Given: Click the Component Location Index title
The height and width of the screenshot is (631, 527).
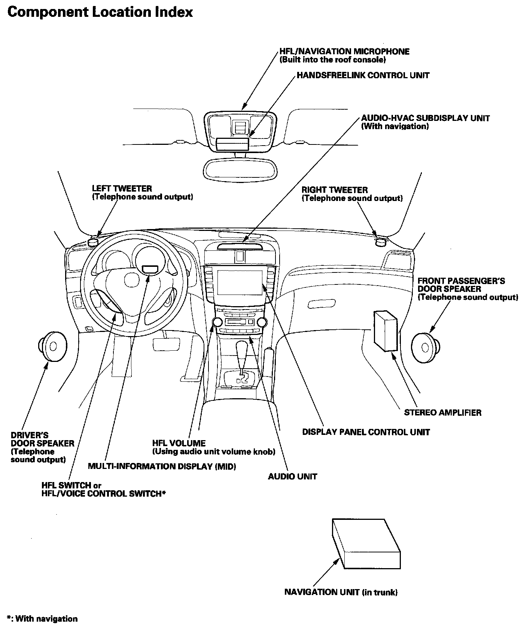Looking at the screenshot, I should pos(100,12).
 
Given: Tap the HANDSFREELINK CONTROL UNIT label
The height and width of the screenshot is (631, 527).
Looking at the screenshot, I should pos(363,75).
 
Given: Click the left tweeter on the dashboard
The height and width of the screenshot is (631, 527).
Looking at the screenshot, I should pos(92,242).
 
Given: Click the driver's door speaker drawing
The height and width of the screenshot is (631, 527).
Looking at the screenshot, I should pos(52,346).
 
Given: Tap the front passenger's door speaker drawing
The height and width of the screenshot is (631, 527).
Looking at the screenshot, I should pos(425,347).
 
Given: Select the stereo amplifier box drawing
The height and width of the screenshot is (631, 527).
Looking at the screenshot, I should pos(385,330).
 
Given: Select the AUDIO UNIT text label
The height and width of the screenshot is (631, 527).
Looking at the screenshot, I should pos(292,476).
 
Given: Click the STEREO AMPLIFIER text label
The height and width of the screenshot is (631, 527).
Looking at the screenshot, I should pos(442,412).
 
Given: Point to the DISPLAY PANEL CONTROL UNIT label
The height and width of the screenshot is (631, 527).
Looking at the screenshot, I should pos(366,432).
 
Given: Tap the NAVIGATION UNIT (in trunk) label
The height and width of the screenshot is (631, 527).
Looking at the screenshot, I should pos(341,592).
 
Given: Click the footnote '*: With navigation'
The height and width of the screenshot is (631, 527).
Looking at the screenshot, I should pos(42,619).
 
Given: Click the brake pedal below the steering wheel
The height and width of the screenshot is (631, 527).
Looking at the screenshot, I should pos(166,343).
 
